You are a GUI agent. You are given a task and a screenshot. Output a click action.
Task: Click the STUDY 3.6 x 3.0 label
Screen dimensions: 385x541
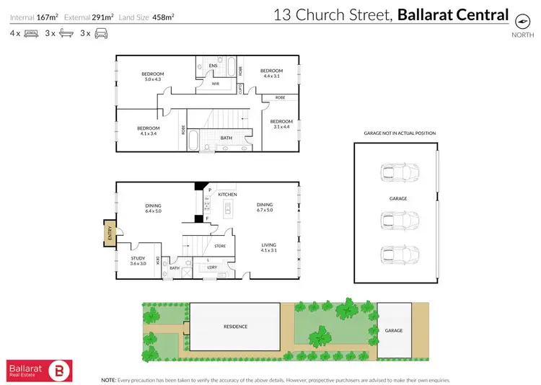pos(138,260)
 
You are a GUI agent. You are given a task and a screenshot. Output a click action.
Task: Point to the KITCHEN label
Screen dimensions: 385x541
pos(227,195)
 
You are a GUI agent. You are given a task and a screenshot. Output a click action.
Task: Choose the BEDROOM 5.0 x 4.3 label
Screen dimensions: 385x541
pos(152,76)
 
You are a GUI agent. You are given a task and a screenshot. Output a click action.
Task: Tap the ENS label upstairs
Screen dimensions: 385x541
pos(213,66)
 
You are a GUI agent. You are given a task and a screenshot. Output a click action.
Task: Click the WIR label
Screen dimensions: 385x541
pos(215,84)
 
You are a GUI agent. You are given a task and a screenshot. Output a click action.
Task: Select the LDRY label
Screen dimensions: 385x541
pos(212,267)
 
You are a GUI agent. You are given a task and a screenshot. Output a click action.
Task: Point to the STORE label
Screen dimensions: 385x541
pos(221,246)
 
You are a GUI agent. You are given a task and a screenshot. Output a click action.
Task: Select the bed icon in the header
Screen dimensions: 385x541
pos(31,33)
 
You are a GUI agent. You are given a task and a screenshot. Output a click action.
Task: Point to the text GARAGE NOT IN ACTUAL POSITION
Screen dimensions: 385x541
pos(395,134)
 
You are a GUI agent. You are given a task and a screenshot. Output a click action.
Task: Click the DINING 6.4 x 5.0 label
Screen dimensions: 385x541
pos(152,208)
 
